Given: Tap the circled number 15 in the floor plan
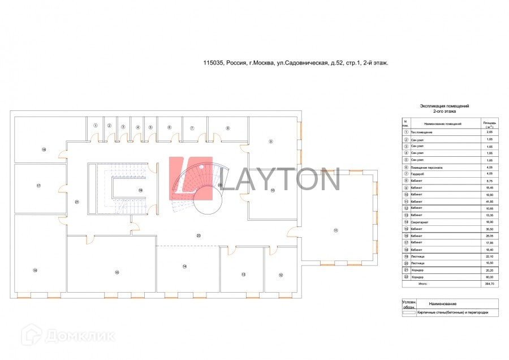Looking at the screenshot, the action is [x=117, y=272].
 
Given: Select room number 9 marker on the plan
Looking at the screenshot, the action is [x=270, y=141].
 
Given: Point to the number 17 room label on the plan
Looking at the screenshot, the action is [x=38, y=186].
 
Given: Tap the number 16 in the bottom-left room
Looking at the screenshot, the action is [x=35, y=271].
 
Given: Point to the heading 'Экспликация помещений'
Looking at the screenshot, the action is [x=444, y=106].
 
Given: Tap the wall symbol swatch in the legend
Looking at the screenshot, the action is [x=408, y=312].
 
